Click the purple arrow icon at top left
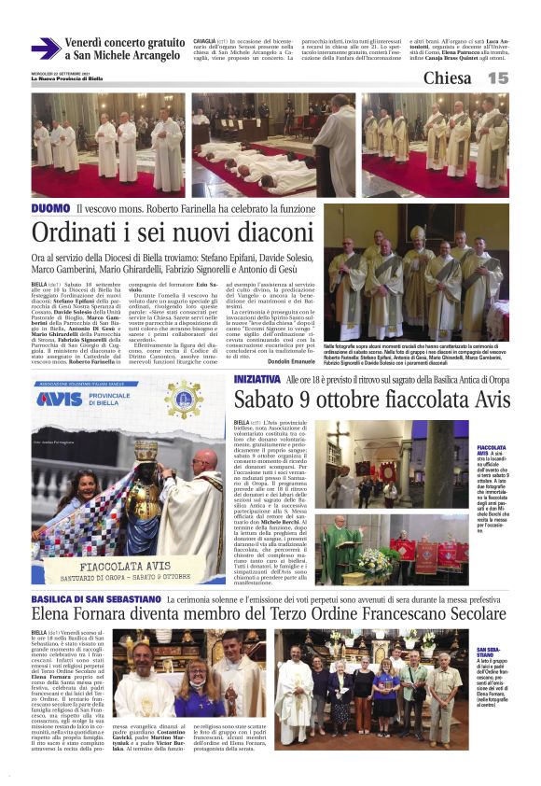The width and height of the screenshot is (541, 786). [46, 49]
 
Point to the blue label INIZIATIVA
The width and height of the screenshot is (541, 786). [257, 380]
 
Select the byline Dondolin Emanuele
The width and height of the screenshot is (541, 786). [292, 361]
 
